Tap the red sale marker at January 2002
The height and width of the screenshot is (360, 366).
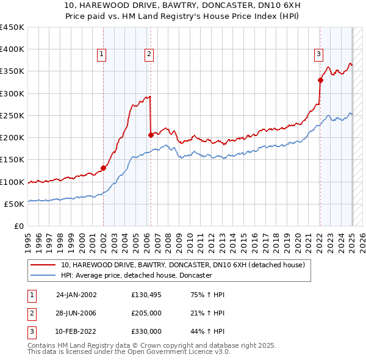[x=103, y=168]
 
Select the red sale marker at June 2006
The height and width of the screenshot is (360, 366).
[x=151, y=135]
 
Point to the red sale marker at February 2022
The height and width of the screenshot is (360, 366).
[x=320, y=80]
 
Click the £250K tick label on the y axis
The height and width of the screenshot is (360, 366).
[x=12, y=115]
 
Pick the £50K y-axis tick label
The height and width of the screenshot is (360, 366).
[x=15, y=204]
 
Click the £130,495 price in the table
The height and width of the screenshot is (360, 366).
[x=146, y=295]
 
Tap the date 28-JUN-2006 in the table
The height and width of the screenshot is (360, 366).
[x=76, y=313]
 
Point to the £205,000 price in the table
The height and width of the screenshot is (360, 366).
[x=146, y=313]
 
